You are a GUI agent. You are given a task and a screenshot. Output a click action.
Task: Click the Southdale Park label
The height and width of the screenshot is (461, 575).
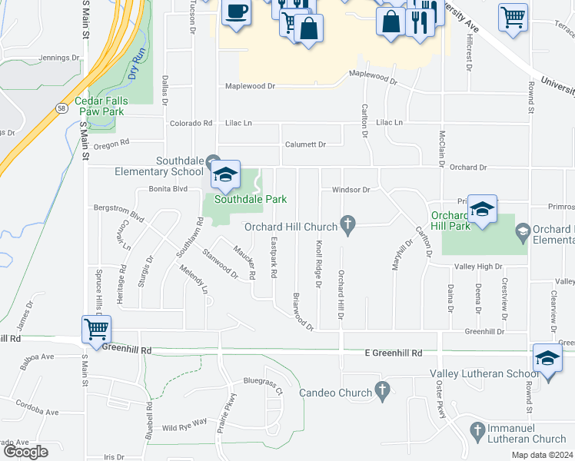pos(251,199)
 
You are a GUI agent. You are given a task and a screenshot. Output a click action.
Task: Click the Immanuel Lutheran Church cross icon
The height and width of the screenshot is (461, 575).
pos(477,428)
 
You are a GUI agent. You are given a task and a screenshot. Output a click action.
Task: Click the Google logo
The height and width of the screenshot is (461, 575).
pos(25,451)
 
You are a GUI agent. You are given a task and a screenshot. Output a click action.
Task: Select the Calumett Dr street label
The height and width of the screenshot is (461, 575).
pos(305,144)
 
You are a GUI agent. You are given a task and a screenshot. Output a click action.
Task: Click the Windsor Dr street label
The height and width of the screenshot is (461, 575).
pos(351,189)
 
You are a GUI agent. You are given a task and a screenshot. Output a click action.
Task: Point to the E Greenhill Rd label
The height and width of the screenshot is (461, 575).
pos(394,353)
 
